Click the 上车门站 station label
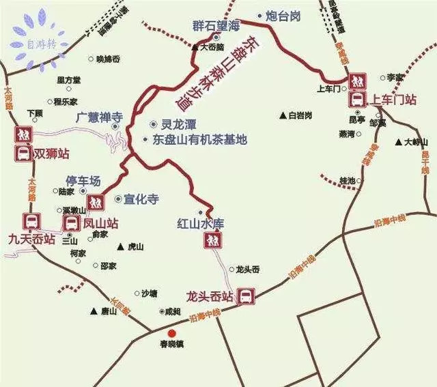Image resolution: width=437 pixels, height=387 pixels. point(392,100)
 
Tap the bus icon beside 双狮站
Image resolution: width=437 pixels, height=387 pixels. point(23,154)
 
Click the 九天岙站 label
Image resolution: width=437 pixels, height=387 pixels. point(31,239)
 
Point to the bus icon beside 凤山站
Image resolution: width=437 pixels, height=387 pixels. point(72,223)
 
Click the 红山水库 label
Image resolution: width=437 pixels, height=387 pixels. point(201,223)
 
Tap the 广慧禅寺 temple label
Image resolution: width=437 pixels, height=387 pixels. point(99,117)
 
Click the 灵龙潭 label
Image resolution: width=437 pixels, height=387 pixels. point(179,126)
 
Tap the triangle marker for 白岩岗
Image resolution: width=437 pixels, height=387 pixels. point(283,115)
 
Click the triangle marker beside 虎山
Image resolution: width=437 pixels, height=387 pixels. point(121,246)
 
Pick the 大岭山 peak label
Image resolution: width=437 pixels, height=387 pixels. point(416,142)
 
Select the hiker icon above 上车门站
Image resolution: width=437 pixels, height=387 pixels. point(357,82)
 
